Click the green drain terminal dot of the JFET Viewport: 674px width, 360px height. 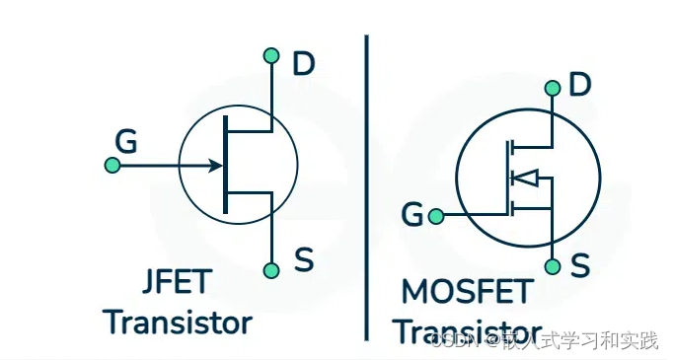point(271,55)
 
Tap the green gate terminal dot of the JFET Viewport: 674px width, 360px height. point(112,166)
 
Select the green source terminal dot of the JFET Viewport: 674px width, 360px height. point(271,269)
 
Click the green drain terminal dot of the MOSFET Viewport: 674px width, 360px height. point(552,89)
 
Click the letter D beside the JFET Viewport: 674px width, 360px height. point(303,65)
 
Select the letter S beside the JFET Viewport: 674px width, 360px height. point(304,262)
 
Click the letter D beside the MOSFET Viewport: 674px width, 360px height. point(580,86)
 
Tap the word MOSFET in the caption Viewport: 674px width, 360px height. point(467,292)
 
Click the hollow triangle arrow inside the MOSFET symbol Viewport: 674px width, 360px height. point(525,179)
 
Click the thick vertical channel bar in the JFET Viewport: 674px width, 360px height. point(227,165)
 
